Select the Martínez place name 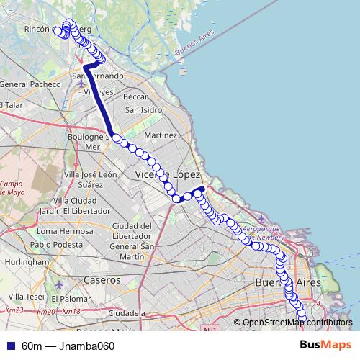click(161, 135)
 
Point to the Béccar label click(135, 96)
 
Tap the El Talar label click(12, 105)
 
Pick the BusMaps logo click(326, 346)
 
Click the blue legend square click(10, 346)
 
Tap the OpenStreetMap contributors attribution click(297, 323)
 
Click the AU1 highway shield click(210, 329)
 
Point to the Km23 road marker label click(14, 310)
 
